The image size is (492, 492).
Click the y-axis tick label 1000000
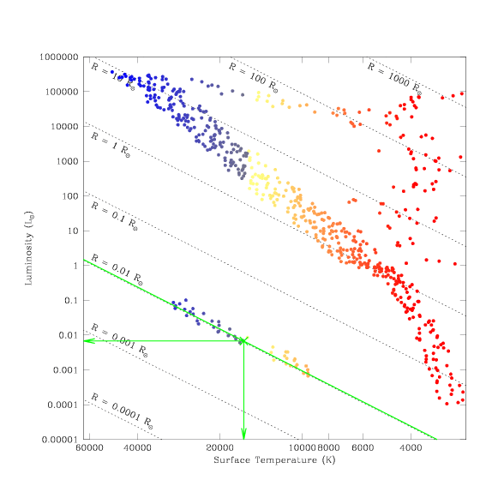coord(58,57)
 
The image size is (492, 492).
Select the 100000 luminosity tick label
coord(62,92)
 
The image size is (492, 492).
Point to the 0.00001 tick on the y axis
coord(60,440)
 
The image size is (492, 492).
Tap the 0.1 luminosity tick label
coord(71,301)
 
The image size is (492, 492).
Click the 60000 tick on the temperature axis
coord(89,447)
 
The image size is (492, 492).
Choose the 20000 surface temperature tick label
coord(219,447)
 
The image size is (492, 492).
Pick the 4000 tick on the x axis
coord(411,447)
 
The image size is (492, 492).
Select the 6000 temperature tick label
coord(363,447)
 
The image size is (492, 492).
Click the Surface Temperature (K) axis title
coord(274,460)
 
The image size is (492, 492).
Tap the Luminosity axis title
coord(29,249)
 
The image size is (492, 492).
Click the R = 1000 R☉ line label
coord(394,79)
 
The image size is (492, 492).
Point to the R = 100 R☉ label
coord(253,78)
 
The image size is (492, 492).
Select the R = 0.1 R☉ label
coord(114,216)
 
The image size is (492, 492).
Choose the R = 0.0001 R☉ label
coord(122,411)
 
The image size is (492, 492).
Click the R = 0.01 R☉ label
coord(117,270)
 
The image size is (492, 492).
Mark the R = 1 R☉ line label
coord(111,145)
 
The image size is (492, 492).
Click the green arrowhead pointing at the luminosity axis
coord(89,341)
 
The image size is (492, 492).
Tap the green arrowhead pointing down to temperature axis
coord(243,434)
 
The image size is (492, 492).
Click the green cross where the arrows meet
coord(243,341)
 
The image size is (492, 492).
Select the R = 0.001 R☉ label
coord(119,341)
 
